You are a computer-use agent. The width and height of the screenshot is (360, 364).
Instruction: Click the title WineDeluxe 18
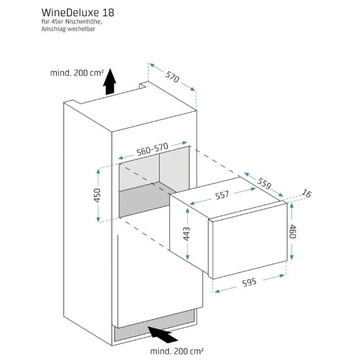[x=78, y=12]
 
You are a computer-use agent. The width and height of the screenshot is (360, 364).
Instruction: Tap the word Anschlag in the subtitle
[x=51, y=29]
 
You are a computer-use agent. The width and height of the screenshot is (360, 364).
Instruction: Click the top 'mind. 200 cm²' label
[x=76, y=73]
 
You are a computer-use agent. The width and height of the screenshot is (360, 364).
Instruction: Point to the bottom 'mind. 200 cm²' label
[x=177, y=351]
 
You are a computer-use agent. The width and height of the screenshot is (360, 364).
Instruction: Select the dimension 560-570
[x=152, y=149]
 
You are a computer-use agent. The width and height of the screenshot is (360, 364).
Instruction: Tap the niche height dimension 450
[x=98, y=195]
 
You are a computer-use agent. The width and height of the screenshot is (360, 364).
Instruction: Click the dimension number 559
[x=264, y=183]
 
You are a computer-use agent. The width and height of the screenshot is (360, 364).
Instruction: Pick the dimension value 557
[x=222, y=195]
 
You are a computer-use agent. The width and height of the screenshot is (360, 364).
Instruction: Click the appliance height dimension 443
[x=186, y=234]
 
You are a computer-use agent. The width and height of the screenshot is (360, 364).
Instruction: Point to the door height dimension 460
[x=292, y=231]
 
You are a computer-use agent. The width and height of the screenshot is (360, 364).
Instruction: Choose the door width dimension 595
[x=249, y=282]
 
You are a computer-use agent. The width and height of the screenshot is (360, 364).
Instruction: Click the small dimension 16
[x=307, y=193]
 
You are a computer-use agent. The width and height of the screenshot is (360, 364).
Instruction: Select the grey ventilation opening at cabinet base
[x=154, y=326]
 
